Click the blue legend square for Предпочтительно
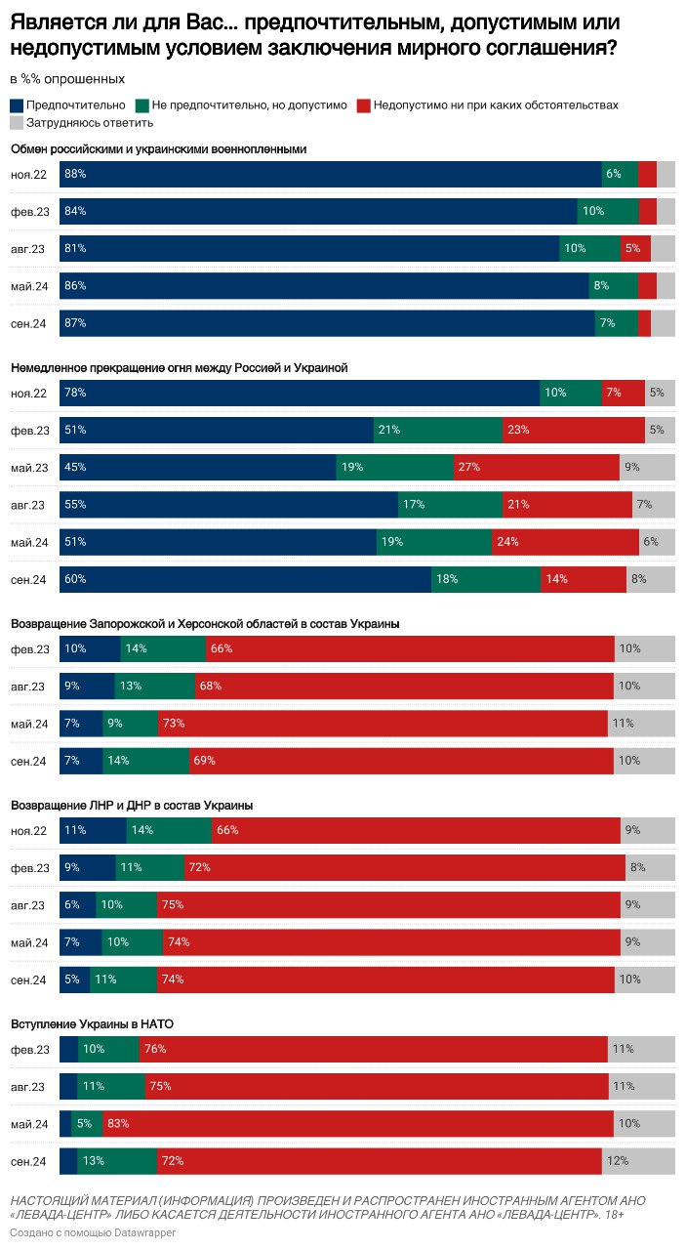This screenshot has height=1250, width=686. point(17,104)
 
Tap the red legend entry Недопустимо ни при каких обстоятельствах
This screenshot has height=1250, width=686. point(488,104)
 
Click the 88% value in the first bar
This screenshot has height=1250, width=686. point(75,174)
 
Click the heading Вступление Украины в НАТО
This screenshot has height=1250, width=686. point(92,1023)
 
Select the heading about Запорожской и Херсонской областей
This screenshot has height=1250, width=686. point(204,623)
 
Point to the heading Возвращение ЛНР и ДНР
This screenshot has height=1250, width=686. point(132,805)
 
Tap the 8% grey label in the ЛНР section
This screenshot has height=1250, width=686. point(637,867)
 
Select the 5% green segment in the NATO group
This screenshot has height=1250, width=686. point(86,1124)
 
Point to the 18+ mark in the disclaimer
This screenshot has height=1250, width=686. point(614,1214)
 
